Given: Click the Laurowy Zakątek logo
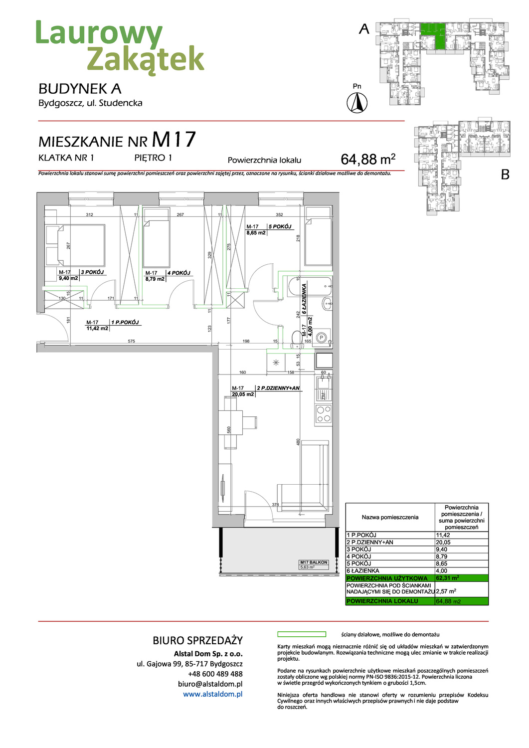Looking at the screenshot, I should pyautogui.click(x=120, y=47).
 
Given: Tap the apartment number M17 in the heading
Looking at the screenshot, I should pyautogui.click(x=174, y=140).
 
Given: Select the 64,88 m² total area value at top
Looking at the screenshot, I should pyautogui.click(x=367, y=159).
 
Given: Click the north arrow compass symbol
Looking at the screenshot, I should pyautogui.click(x=357, y=103).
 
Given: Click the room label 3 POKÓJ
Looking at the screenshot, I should pyautogui.click(x=93, y=272).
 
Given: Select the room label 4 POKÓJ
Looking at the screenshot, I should pyautogui.click(x=179, y=273).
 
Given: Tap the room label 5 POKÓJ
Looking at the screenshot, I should pyautogui.click(x=280, y=226).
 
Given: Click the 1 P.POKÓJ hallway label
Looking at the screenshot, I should pyautogui.click(x=125, y=322).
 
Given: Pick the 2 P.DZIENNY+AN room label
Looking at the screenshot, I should pyautogui.click(x=278, y=388).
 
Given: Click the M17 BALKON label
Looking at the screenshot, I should pyautogui.click(x=314, y=562).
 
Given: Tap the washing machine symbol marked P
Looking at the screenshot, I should pyautogui.click(x=322, y=338).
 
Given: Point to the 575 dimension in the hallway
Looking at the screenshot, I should pyautogui.click(x=131, y=341).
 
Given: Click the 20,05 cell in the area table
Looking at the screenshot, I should pyautogui.click(x=443, y=542).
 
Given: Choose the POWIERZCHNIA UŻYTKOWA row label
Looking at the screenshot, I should pyautogui.click(x=387, y=578).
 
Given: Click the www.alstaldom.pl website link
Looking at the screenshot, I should pyautogui.click(x=212, y=694).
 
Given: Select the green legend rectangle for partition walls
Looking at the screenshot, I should pyautogui.click(x=301, y=634).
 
